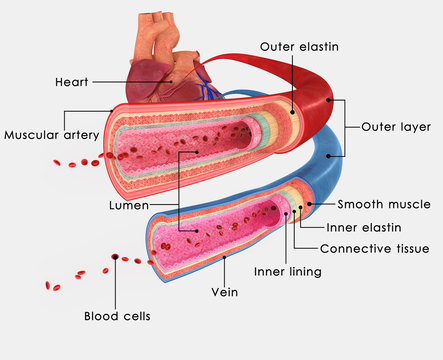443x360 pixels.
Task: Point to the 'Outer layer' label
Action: (397, 127)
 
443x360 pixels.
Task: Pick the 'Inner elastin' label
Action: (373, 226)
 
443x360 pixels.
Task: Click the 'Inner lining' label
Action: (287, 271)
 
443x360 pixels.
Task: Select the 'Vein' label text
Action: (224, 294)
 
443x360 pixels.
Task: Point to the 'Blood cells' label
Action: (116, 316)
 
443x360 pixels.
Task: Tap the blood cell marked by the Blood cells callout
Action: (116, 258)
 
